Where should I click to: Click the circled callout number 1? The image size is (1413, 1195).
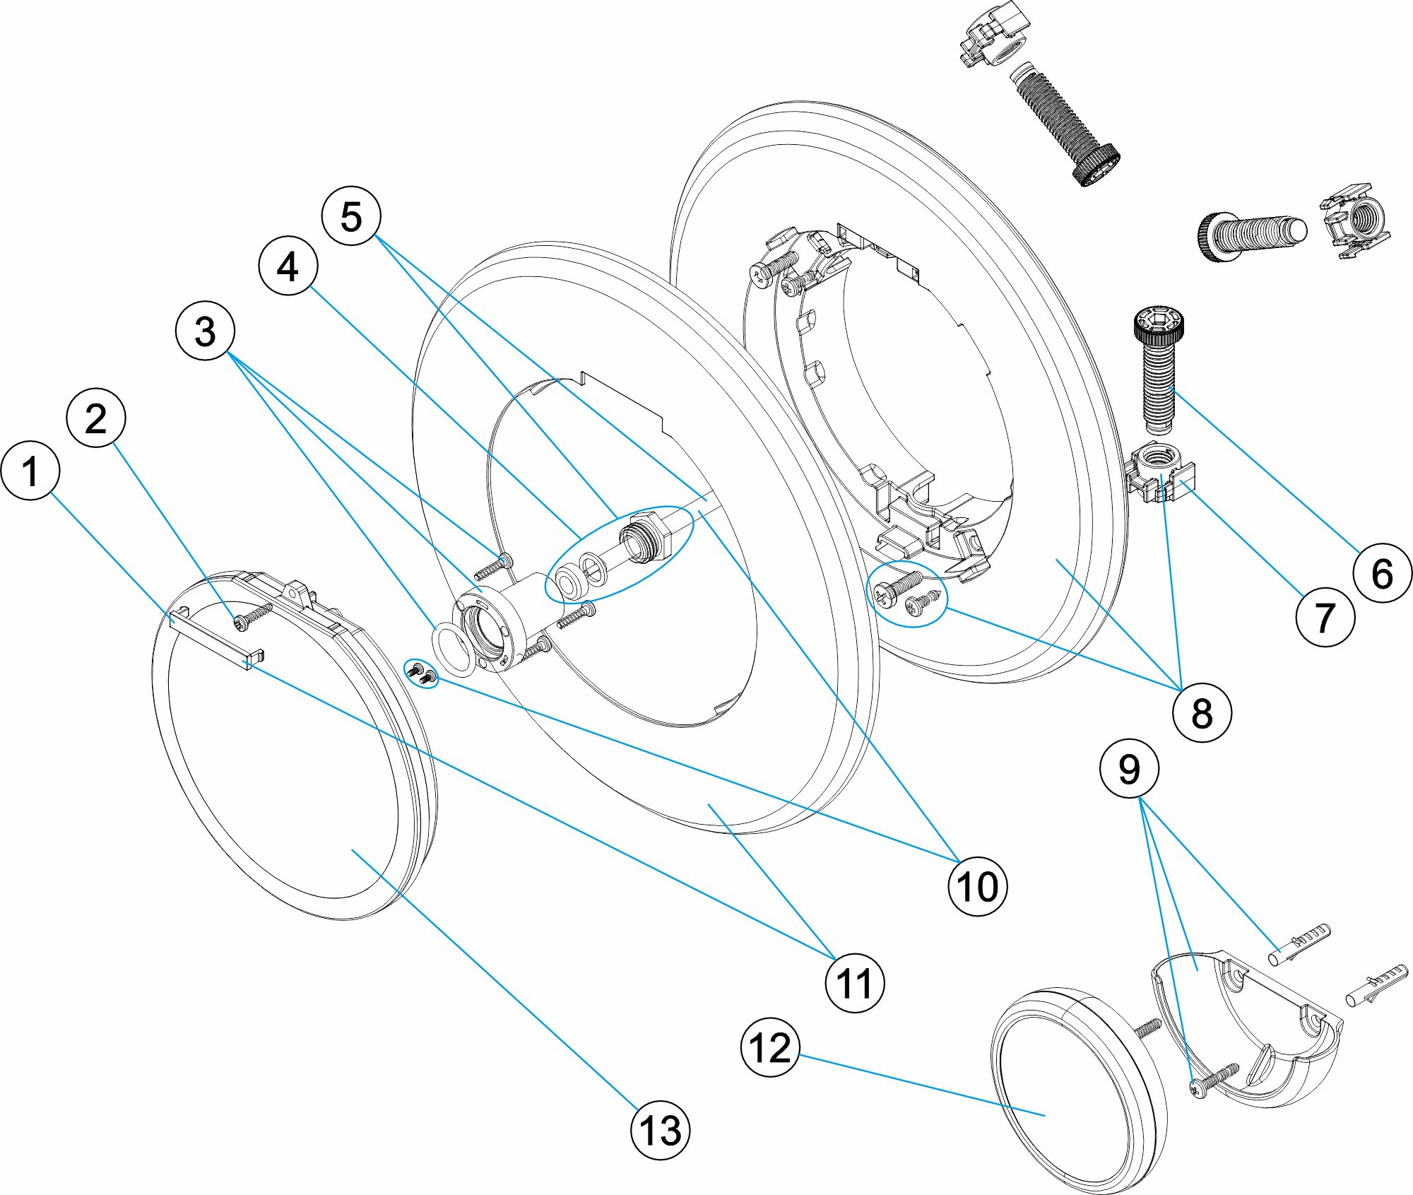[30, 471]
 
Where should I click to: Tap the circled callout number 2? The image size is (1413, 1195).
[96, 418]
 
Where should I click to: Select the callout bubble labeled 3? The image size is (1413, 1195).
[205, 331]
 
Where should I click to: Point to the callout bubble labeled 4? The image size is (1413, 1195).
[288, 266]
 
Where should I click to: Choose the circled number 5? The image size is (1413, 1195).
[351, 216]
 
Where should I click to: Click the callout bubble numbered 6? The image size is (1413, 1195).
[1382, 572]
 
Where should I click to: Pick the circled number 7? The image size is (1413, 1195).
[1325, 617]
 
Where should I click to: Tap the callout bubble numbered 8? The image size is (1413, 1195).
[1202, 712]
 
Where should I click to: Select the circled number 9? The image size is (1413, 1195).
[1129, 768]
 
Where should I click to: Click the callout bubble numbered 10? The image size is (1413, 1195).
[977, 886]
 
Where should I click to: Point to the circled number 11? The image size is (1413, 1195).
[854, 983]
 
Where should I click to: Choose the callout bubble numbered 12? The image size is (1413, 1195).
[770, 1047]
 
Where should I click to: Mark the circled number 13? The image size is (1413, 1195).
[660, 1130]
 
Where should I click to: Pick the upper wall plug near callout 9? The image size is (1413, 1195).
[1299, 943]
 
